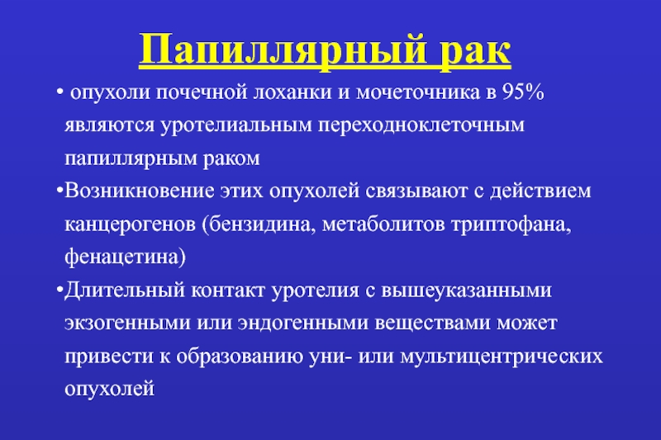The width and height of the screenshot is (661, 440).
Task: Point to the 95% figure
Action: [x=523, y=92]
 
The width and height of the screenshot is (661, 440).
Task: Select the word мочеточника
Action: [x=418, y=92]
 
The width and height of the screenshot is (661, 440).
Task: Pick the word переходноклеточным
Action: [x=421, y=125]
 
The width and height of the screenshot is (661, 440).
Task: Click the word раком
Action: [x=231, y=158]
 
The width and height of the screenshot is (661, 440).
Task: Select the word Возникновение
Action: [x=140, y=191]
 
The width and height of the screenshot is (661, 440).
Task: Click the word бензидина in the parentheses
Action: [x=259, y=224]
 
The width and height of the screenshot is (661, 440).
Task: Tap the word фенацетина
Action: [x=126, y=257]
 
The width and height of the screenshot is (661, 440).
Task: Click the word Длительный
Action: [x=125, y=291]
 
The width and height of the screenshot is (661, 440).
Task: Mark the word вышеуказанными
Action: [x=466, y=291]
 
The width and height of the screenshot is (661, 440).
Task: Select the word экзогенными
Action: [x=128, y=324]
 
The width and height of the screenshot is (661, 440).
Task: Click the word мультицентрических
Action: [x=502, y=357]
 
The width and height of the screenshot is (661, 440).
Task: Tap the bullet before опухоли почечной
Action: [x=59, y=92]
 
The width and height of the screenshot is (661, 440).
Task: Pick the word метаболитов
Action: [x=383, y=224]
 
